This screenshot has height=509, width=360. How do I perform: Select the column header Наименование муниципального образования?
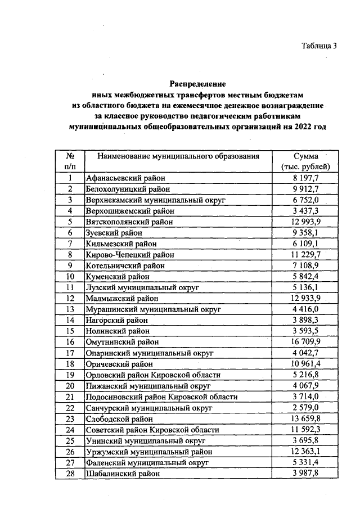178,156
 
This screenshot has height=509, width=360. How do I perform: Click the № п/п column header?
70,161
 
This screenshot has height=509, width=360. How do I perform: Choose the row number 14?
70,319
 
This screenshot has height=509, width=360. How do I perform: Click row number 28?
70,474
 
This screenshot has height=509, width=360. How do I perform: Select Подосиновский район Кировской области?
158,397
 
